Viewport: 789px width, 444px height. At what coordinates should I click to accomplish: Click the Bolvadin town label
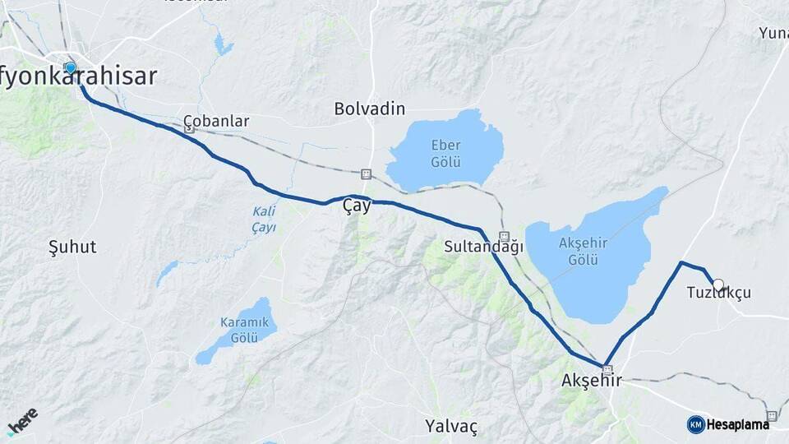point(370,109)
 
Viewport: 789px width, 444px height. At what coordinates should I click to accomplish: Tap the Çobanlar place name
point(216,121)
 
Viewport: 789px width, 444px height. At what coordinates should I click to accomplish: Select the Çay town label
point(357,207)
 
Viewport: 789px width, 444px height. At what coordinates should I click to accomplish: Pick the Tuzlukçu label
point(719,294)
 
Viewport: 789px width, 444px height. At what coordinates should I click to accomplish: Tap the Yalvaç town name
point(451,426)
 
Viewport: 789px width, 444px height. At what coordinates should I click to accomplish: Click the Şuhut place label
point(72,247)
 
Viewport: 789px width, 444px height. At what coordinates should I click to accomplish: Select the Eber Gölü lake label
point(445,153)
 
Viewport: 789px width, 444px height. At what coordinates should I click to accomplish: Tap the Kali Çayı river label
point(263,219)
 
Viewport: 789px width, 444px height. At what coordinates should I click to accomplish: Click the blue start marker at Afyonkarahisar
point(71,67)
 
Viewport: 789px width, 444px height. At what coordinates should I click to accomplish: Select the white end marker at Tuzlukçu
point(718,285)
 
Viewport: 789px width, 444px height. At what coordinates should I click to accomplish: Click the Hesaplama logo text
point(738,424)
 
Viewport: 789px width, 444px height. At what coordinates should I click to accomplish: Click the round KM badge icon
point(695,424)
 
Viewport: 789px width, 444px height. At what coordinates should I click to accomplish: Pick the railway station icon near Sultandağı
point(505,235)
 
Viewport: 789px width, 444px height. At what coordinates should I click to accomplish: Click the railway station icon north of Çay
point(366,174)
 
